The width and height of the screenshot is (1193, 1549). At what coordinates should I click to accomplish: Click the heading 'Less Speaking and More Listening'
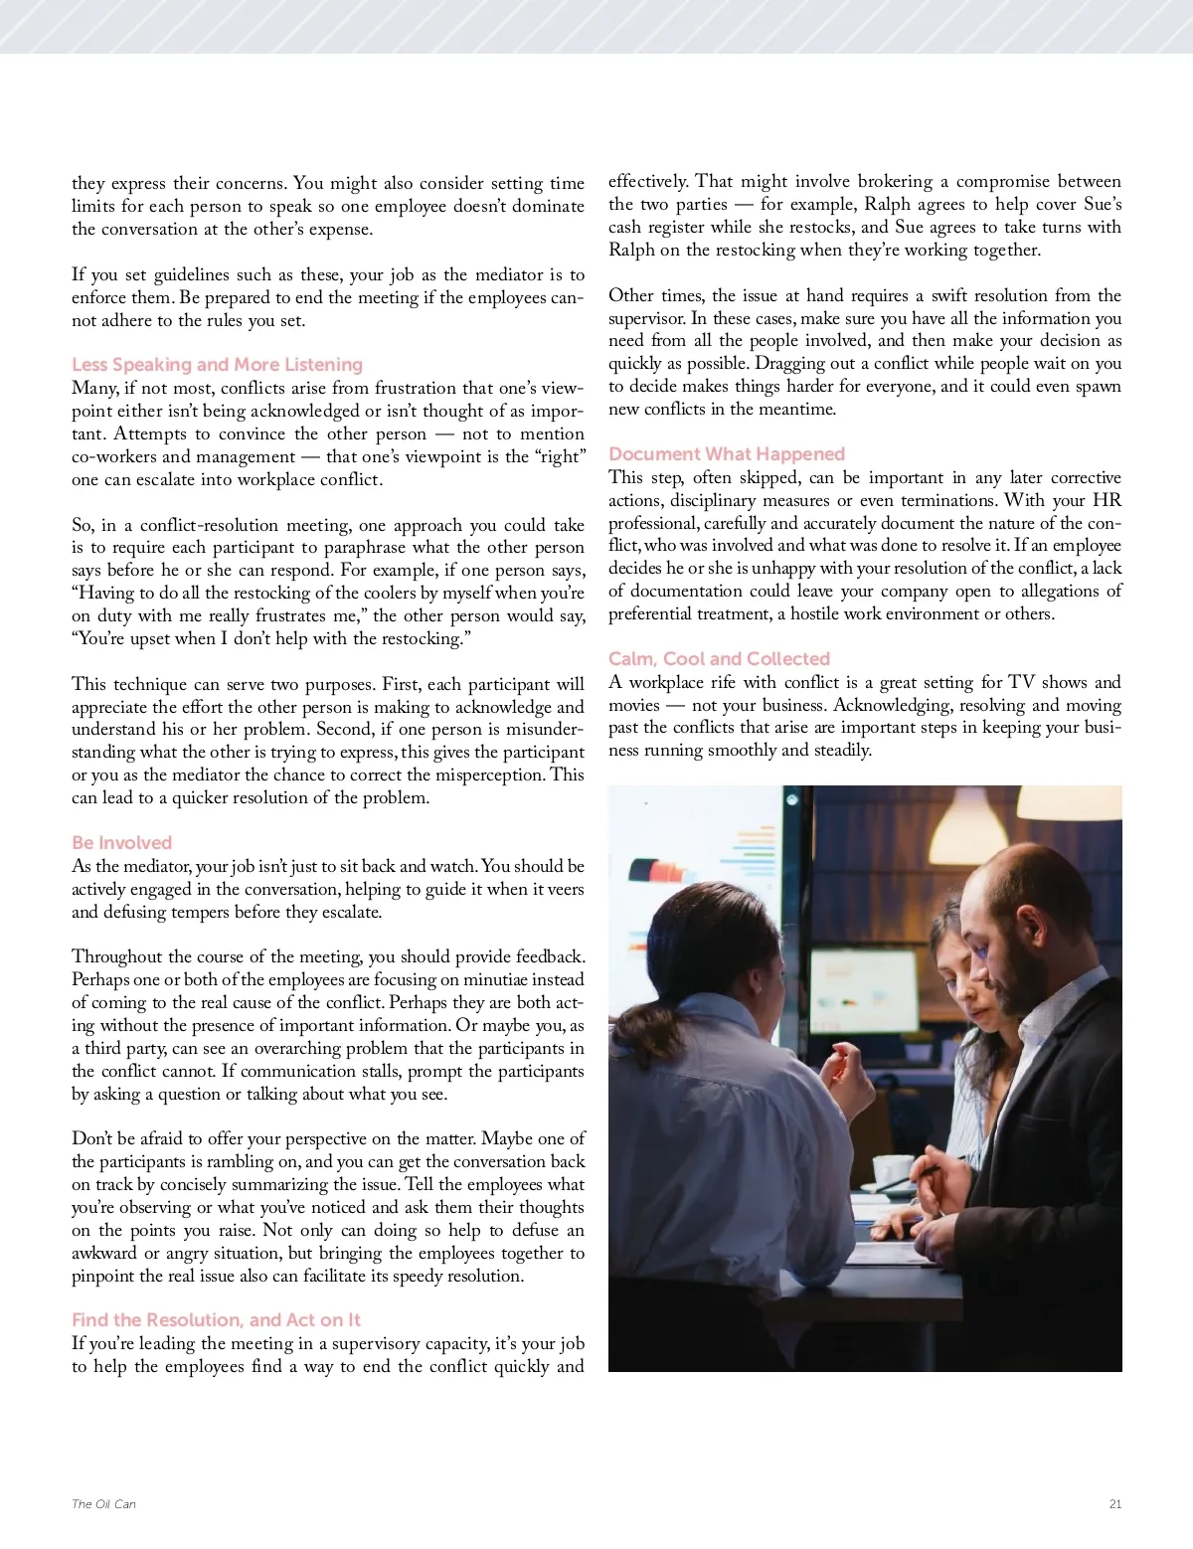[217, 365]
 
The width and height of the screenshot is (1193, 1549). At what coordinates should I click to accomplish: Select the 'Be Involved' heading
[121, 843]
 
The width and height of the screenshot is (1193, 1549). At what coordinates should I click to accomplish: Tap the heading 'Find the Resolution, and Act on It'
[216, 1320]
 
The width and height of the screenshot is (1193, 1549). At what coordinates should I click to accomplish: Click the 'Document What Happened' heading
[727, 454]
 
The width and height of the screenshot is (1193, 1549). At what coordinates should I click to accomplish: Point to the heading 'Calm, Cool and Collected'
[719, 659]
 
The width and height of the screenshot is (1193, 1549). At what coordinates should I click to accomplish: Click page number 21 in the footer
[1114, 1504]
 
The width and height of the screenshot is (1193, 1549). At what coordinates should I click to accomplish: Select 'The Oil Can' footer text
[103, 1504]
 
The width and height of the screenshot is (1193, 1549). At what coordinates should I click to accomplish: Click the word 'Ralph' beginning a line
[631, 250]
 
